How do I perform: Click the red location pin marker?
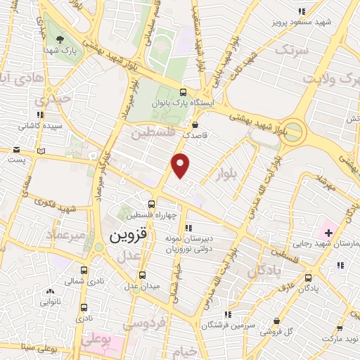coord(181,165)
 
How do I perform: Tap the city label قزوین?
coord(129,237)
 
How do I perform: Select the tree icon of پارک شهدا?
coord(58,39)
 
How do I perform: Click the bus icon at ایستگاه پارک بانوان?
coord(184,92)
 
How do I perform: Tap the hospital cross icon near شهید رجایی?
coord(328,231)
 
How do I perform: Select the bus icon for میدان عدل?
coord(143,275)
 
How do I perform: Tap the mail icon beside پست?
coord(16,149)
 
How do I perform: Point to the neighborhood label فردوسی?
coord(143,325)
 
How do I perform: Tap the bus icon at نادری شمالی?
coord(84,270)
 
